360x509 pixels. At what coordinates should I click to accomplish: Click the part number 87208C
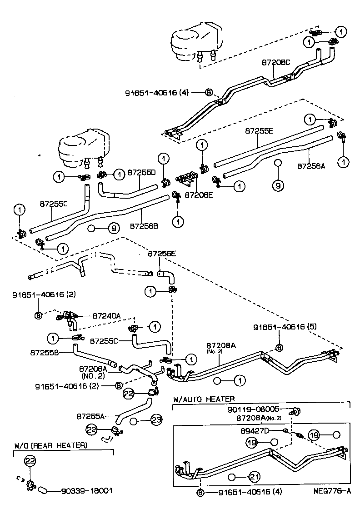(x=276, y=63)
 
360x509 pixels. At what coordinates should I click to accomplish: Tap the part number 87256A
(x=311, y=166)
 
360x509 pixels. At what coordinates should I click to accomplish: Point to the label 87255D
(x=141, y=173)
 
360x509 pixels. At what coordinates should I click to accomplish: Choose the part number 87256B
(x=144, y=225)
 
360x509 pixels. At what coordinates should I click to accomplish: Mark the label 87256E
(x=161, y=254)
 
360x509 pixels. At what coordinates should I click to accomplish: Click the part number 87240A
(x=107, y=315)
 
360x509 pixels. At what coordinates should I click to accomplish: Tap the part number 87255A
(x=91, y=415)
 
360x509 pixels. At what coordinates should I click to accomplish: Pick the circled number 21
(x=255, y=477)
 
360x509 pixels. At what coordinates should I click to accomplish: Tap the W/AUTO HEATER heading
(x=204, y=399)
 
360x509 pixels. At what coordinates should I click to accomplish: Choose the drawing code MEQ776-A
(x=332, y=491)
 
